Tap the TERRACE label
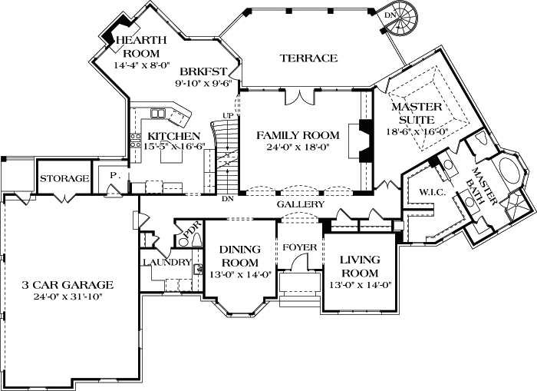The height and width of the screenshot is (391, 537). point(308,58)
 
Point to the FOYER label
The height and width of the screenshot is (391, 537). point(295,247)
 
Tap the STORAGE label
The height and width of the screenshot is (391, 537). point(64,178)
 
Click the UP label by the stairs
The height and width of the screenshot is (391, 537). point(227,115)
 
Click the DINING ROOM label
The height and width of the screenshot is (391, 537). point(241,255)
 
